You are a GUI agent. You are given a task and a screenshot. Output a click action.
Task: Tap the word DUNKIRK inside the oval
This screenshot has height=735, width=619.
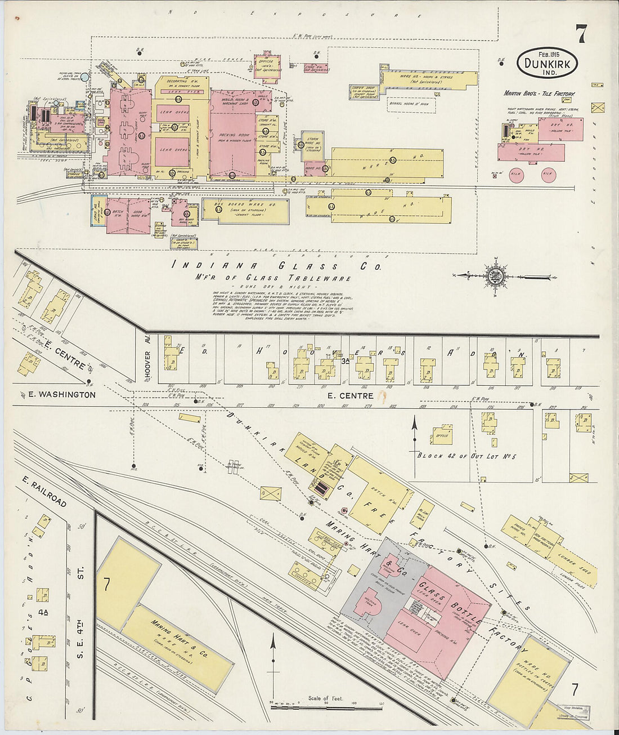547,64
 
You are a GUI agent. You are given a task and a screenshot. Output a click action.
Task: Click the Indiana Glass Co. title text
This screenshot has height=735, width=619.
276,266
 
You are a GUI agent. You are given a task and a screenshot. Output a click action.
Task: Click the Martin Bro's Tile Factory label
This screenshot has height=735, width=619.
539,93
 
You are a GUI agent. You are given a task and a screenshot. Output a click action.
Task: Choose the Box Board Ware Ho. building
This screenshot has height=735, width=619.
245,208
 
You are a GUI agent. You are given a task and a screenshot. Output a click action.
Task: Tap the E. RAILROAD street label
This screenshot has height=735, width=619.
45,493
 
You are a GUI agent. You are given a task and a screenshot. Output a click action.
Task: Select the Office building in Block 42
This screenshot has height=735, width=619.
442,434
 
